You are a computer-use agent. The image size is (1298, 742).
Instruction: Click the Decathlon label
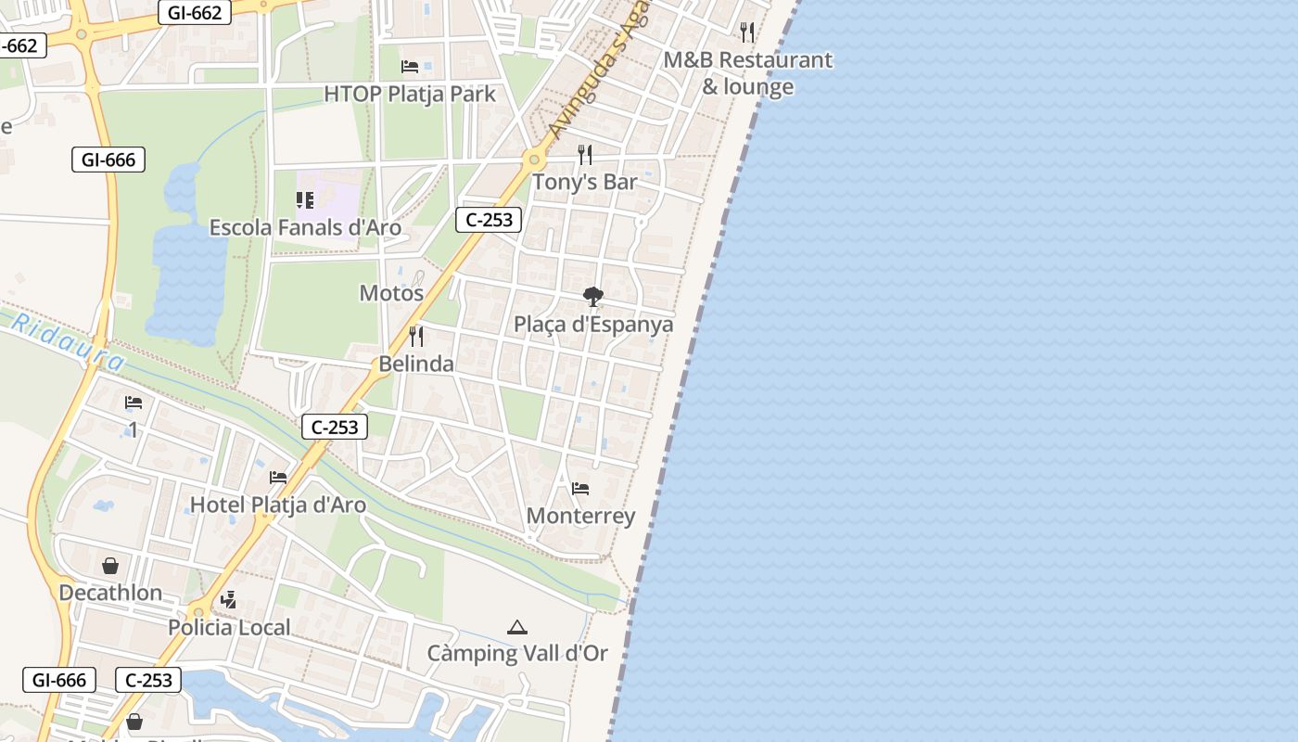coord(110,593)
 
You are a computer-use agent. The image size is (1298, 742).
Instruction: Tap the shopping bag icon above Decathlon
coord(110,566)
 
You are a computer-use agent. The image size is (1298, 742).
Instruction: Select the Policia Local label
coord(229,627)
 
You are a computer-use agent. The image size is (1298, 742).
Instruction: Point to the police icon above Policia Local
coord(229,600)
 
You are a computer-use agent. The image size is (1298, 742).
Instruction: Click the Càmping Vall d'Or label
coord(517,653)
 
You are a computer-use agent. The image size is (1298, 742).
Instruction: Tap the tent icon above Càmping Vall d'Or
coord(517,628)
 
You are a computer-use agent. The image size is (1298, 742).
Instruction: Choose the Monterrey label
coord(580,516)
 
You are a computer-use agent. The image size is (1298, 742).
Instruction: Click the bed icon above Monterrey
coord(580,488)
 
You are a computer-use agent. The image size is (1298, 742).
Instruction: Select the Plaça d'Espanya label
coord(593,325)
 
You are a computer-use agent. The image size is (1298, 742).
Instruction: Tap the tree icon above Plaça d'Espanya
coord(593,297)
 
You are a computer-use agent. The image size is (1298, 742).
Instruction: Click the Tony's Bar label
coord(584,182)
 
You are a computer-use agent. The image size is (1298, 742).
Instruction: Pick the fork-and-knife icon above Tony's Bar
coord(585,154)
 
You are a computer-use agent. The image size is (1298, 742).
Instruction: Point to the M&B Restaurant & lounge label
coord(747,73)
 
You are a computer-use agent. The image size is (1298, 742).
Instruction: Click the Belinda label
coord(416,364)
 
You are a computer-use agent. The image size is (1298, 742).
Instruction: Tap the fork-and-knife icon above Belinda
coord(416,336)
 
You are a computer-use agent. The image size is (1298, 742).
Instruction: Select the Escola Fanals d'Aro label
coord(305,227)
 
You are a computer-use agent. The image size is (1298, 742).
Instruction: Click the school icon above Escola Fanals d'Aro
coord(305,199)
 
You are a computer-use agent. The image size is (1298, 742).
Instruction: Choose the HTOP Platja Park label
coord(410,94)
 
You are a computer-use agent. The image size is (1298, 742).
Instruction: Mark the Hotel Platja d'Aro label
coord(277,505)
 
